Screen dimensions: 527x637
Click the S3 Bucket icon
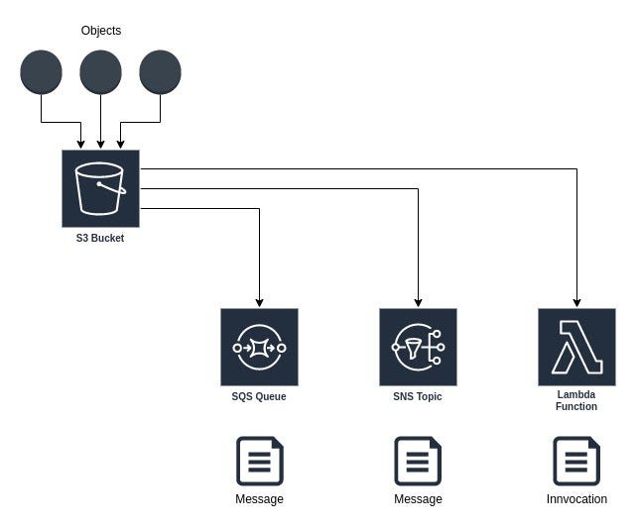[100, 188]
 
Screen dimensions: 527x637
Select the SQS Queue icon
[259, 347]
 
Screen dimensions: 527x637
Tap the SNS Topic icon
[418, 347]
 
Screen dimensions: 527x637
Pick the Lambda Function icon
[576, 347]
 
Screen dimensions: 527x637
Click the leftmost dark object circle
[41, 72]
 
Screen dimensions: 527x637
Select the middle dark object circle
[100, 72]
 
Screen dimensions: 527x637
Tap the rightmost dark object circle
[160, 72]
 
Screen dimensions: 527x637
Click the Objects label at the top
[100, 31]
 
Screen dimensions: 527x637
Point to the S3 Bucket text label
[100, 238]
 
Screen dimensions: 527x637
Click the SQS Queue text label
[259, 396]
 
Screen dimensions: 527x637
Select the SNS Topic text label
[418, 396]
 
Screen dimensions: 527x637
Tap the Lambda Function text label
[576, 400]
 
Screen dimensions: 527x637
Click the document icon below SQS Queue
[260, 462]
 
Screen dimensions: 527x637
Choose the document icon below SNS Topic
[418, 462]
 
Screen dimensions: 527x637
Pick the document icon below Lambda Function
[576, 462]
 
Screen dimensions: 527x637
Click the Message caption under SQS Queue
[260, 499]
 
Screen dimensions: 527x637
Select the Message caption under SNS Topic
[418, 499]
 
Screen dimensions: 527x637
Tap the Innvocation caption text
[576, 499]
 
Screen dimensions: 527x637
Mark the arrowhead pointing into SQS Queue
[259, 302]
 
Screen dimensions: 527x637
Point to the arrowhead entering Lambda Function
[576, 302]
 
